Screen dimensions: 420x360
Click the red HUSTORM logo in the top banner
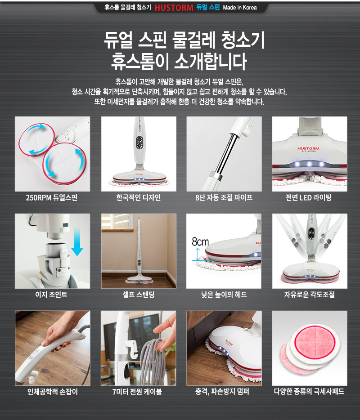pos(174,8)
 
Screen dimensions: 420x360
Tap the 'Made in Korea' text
pos(239,8)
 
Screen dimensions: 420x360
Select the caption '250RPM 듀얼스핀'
pos(52,197)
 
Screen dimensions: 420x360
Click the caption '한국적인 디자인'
pos(138,197)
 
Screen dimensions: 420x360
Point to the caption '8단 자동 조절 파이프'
pos(224,197)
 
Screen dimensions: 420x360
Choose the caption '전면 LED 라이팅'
pos(309,197)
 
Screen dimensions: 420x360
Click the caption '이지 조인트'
pos(52,295)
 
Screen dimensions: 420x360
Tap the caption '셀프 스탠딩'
pos(138,295)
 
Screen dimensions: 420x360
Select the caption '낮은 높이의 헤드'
pos(224,295)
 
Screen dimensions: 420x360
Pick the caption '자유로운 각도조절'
pos(309,295)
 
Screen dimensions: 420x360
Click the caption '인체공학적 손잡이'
pos(52,392)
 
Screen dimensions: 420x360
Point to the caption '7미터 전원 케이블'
pos(138,392)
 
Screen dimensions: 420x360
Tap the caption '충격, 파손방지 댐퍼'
pos(224,392)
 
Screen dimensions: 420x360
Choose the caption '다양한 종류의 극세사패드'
pos(309,392)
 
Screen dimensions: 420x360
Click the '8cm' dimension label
pos(200,242)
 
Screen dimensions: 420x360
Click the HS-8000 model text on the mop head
pos(309,152)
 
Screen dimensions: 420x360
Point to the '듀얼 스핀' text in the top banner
pos(208,8)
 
